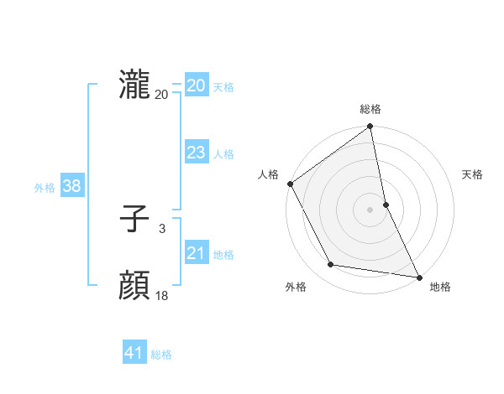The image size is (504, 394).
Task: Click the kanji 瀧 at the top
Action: [134, 86]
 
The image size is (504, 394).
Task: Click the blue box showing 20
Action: [197, 86]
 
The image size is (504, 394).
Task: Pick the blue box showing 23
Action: [197, 153]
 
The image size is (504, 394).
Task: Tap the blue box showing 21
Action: [197, 253]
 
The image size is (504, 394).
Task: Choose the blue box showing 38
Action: [71, 186]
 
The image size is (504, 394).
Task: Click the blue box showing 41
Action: [134, 353]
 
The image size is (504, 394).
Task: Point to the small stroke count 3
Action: [161, 228]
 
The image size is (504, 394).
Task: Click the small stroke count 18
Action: [161, 295]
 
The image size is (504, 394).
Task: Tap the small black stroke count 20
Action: [161, 94]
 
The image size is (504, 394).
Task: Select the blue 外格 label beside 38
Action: [45, 188]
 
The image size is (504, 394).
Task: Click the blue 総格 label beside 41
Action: [161, 355]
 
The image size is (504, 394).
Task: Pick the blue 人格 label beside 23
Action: [223, 154]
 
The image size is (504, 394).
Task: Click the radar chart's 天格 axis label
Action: [472, 174]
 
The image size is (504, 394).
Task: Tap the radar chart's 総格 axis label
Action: [370, 109]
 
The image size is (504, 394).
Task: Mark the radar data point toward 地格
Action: [418, 277]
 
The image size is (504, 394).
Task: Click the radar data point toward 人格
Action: [290, 184]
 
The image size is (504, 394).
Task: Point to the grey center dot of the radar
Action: [370, 210]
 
